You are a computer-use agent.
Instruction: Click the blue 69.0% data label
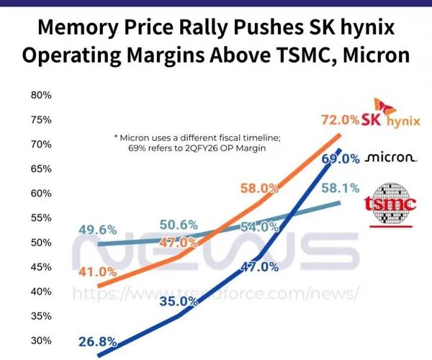click(x=340, y=158)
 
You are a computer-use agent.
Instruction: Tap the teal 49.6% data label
click(x=97, y=230)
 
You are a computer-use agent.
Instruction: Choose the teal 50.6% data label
click(x=179, y=225)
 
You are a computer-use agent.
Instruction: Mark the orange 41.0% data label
click(x=97, y=271)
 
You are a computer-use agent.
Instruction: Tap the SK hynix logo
click(x=390, y=115)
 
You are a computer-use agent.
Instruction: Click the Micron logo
click(x=390, y=157)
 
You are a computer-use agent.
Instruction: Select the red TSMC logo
click(x=391, y=204)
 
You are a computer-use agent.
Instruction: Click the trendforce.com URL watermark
click(x=216, y=293)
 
